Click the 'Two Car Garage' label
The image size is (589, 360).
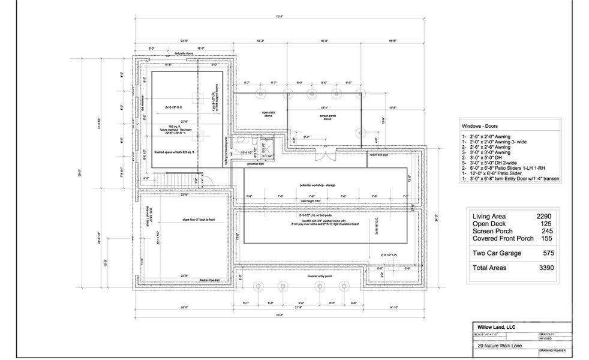pos(497,253)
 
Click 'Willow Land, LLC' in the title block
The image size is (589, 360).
pos(493,326)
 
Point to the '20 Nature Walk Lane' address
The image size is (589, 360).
pos(497,346)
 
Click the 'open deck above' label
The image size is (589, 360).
pos(268,114)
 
